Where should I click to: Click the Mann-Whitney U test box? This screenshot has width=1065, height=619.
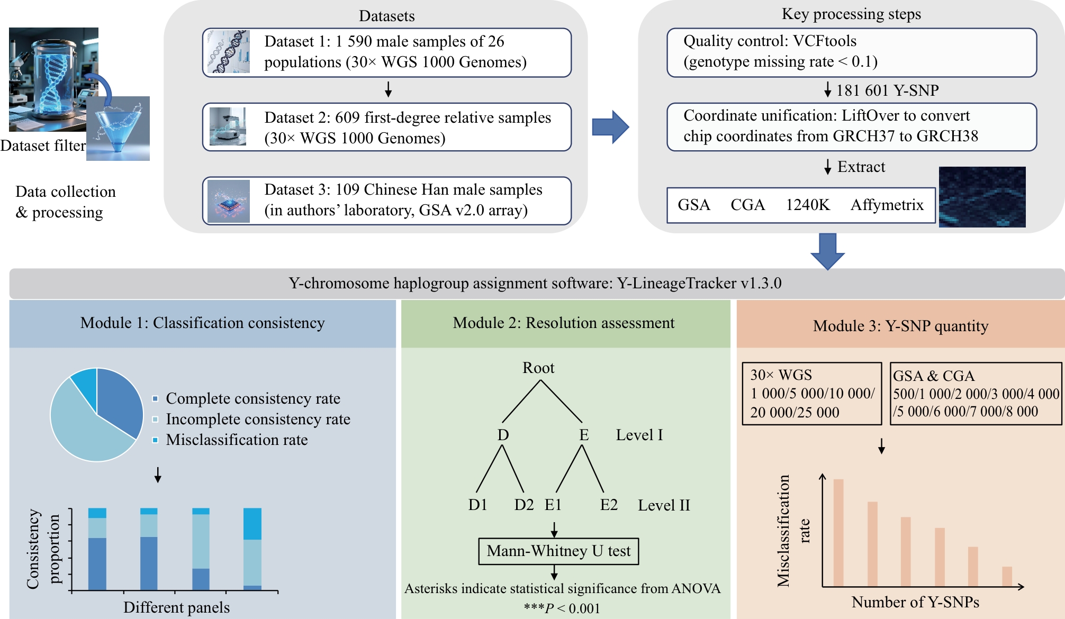(558, 551)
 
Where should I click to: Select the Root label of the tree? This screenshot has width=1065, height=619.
(538, 368)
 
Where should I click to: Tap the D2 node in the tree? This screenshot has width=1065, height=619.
(524, 505)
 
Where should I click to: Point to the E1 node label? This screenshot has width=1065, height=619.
(553, 505)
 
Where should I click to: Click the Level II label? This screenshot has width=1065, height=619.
(664, 505)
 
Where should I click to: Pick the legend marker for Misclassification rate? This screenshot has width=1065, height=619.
(155, 440)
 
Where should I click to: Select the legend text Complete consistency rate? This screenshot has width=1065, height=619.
(253, 398)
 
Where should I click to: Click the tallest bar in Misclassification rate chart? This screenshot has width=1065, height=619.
(838, 533)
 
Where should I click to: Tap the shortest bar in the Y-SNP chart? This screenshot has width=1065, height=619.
(1007, 577)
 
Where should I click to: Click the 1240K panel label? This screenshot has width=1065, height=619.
(808, 205)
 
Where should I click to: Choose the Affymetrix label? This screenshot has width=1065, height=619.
(887, 205)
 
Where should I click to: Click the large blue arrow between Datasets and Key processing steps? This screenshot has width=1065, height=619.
(610, 127)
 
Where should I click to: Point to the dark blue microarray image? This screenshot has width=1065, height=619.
(982, 197)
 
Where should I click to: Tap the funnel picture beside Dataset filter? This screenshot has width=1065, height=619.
(118, 129)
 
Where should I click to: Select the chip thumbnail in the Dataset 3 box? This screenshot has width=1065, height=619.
(229, 201)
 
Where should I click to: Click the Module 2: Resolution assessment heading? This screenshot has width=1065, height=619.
(564, 323)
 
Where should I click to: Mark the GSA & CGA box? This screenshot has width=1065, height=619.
(976, 394)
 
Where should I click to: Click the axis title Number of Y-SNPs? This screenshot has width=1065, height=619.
(915, 602)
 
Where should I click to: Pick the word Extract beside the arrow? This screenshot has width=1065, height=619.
(861, 167)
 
